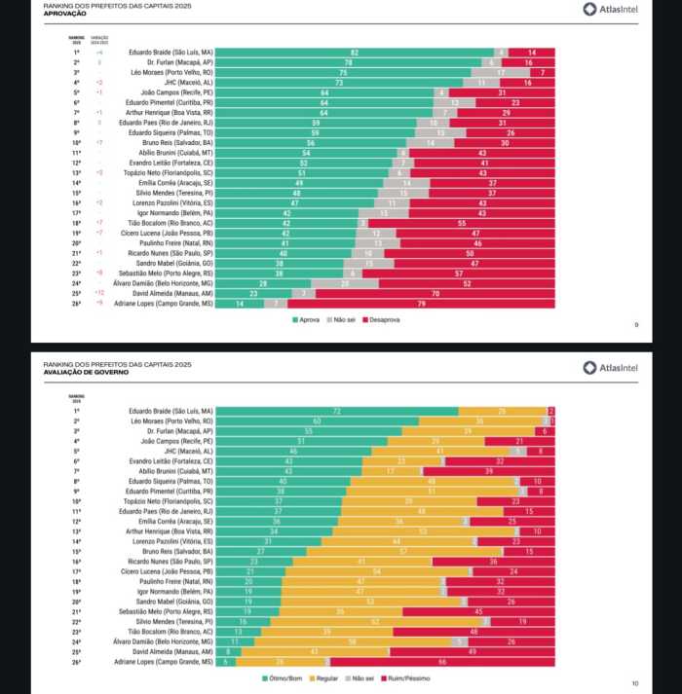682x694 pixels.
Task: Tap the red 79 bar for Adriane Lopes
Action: click(x=422, y=303)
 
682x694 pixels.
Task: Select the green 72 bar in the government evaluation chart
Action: click(x=337, y=412)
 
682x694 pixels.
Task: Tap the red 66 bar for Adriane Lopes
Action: click(x=442, y=661)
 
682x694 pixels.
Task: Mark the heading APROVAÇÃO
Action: click(x=65, y=15)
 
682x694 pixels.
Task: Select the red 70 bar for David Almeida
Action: click(x=436, y=293)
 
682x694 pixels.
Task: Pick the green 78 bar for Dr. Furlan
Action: click(x=348, y=61)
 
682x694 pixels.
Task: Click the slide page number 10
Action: click(x=634, y=682)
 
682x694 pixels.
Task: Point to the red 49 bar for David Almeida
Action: click(x=472, y=651)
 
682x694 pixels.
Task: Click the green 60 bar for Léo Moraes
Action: click(x=318, y=421)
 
